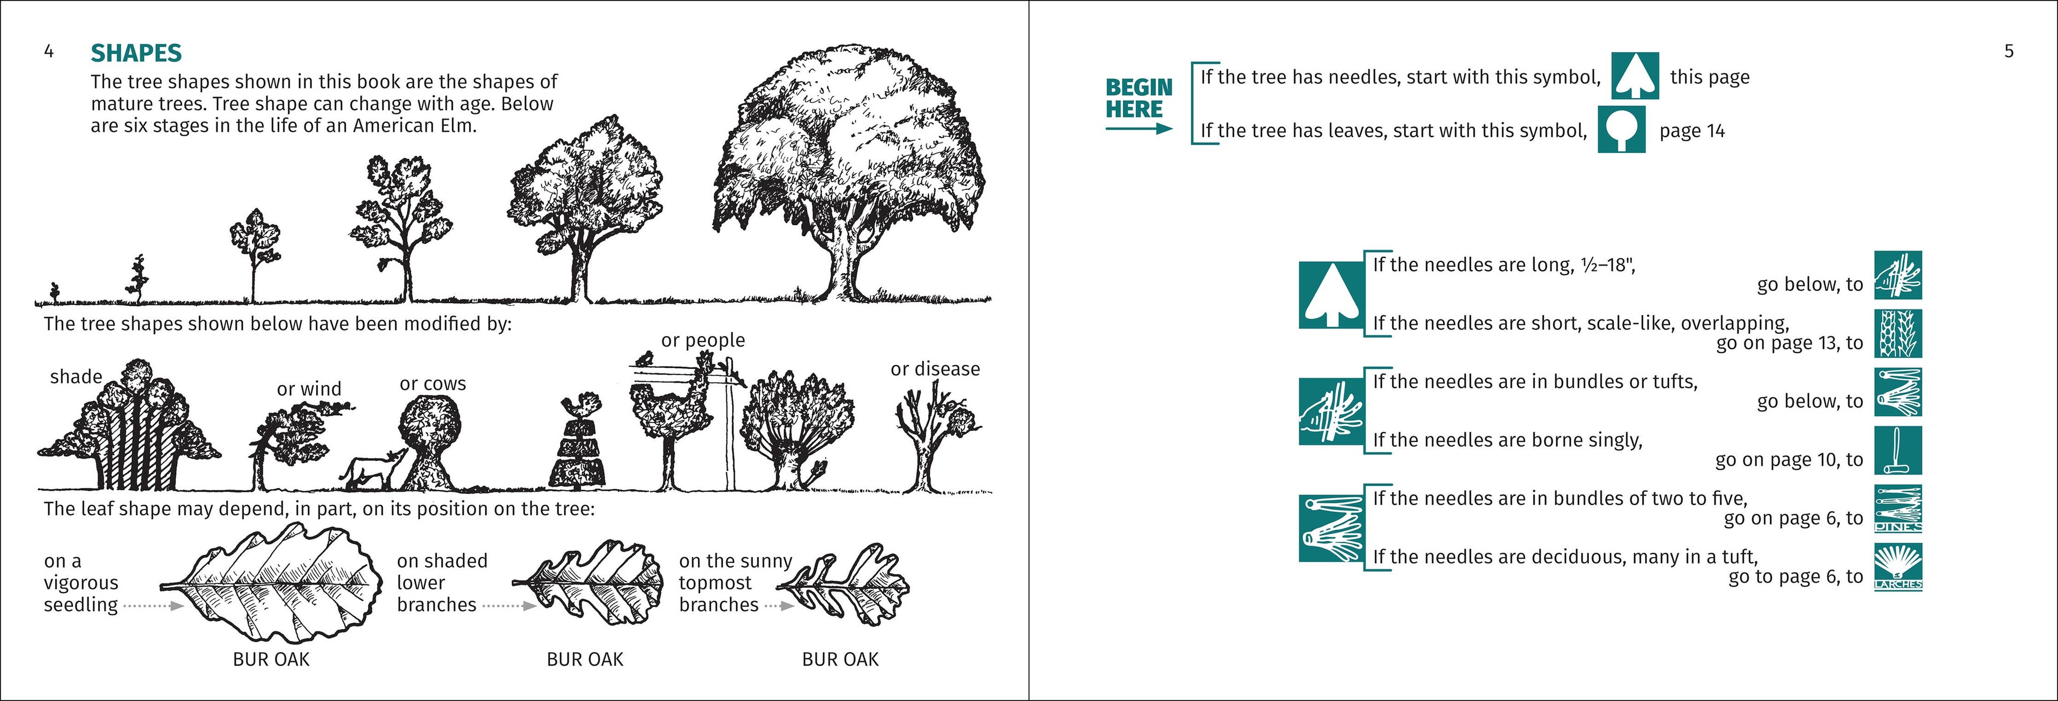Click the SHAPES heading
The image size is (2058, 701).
click(136, 53)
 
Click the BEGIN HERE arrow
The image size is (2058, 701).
click(1138, 128)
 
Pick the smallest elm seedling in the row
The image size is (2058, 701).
click(54, 292)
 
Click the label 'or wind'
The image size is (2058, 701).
click(308, 389)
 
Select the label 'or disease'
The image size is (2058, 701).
click(935, 370)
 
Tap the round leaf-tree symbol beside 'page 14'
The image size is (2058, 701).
click(1621, 129)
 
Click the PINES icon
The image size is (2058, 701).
click(1897, 509)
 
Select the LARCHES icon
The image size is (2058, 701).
click(1897, 567)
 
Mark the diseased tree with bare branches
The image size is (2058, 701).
click(931, 436)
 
